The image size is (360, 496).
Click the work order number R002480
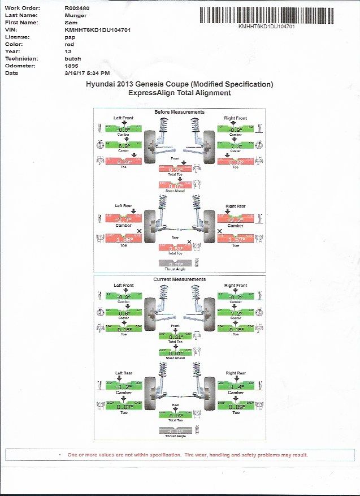pos(77,8)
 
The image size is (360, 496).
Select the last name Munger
pos(75,15)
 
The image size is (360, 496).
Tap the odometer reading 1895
pos(73,66)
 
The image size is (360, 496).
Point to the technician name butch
pos(73,59)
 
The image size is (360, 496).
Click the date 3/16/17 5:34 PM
pos(87,73)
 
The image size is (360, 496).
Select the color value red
pos(70,44)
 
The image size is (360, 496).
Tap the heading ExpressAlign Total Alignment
pos(180,93)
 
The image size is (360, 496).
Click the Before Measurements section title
pos(179,112)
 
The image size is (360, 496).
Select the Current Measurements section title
pos(179,279)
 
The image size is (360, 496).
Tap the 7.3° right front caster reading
pos(236,146)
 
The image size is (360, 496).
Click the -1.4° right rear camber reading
pos(236,387)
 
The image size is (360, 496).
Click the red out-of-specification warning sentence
pos(186,455)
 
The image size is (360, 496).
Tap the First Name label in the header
pos(21,23)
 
